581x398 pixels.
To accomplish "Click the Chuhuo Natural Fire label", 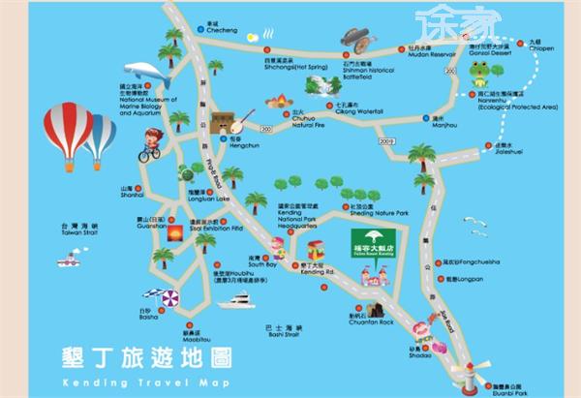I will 307,121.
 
